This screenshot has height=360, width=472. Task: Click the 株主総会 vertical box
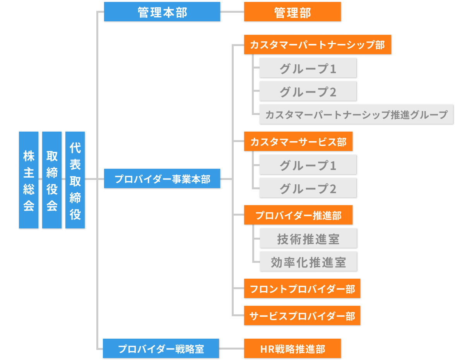pos(29,180)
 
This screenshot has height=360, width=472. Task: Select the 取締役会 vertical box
pos(52,180)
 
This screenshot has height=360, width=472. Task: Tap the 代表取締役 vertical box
pos(75,180)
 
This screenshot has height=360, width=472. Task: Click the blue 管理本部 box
pos(162,12)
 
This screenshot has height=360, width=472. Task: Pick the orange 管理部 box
pos(292,12)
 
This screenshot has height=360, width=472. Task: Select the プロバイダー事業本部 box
pos(162,179)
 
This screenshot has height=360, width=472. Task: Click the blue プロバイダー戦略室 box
pos(161,349)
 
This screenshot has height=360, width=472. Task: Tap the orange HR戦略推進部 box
pos(292,349)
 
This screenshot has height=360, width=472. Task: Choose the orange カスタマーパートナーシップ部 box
pos(318,45)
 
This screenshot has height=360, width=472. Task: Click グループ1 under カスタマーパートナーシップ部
pos(308,69)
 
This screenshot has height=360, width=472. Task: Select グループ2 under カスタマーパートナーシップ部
pos(308,92)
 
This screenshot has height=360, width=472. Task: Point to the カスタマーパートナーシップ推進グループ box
pos(356,115)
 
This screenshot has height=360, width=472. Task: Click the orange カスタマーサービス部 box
pos(298,142)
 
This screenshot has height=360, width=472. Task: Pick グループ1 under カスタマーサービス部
pos(308,165)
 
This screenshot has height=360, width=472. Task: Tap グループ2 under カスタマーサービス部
pos(308,189)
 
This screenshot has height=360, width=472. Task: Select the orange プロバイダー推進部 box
pos(298,215)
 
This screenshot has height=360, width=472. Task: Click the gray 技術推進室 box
pos(308,239)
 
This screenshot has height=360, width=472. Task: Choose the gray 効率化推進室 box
pos(308,262)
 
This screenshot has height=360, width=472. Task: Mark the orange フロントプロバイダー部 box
pos(302,289)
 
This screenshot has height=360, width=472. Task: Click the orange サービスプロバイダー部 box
pos(302,316)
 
